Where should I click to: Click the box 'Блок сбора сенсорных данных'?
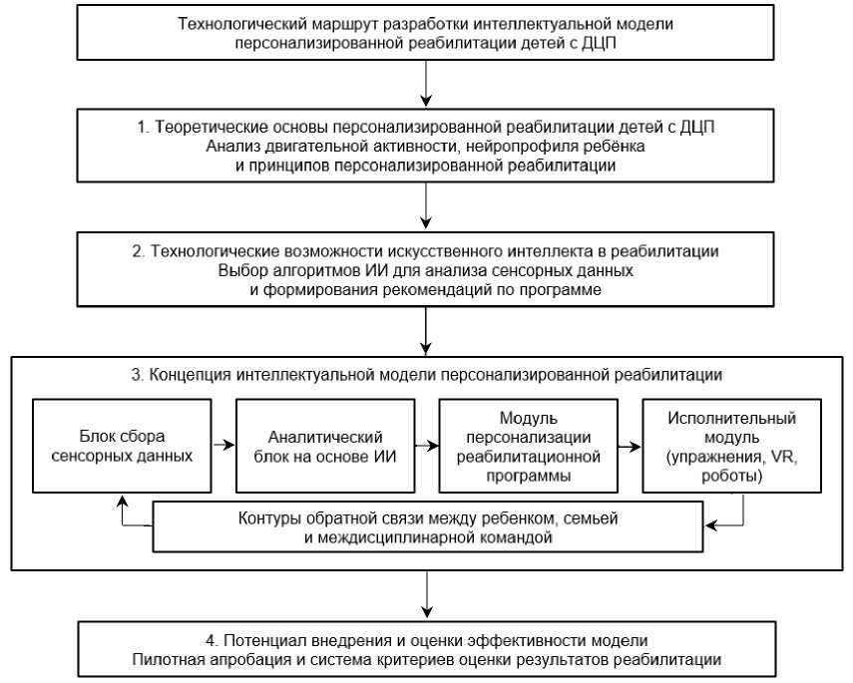click(x=122, y=446)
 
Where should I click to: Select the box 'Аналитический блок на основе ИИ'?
click(x=325, y=446)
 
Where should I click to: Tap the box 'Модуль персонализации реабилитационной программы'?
click(x=528, y=446)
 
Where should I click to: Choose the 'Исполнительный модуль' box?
click(x=732, y=446)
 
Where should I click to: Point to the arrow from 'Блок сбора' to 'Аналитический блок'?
click(x=223, y=446)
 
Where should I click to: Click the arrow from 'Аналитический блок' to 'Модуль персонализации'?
click(x=426, y=446)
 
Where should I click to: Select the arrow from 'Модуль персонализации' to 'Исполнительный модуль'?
click(x=629, y=446)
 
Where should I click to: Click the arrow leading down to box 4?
click(x=427, y=596)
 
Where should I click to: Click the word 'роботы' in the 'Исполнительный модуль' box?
click(x=732, y=477)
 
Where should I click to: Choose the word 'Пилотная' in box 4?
click(x=165, y=659)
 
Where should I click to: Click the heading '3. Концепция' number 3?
click(x=136, y=376)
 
